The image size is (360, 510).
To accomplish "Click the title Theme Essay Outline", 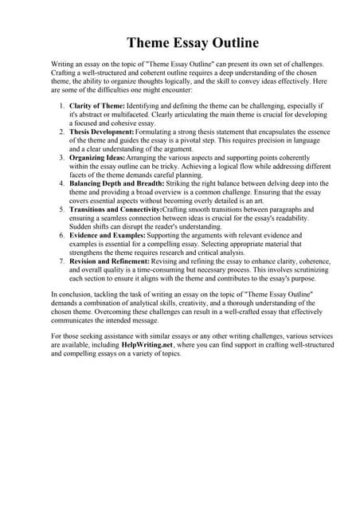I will pos(180,41).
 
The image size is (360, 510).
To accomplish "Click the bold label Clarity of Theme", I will pos(97,105).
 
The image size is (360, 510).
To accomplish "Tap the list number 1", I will pos(62,105).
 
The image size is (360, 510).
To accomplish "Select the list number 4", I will pos(62,183).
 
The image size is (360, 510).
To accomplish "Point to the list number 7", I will pos(62,261).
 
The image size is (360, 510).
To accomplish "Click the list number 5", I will pos(62,210).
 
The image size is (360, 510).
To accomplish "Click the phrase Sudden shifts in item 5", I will pos(92,226).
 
